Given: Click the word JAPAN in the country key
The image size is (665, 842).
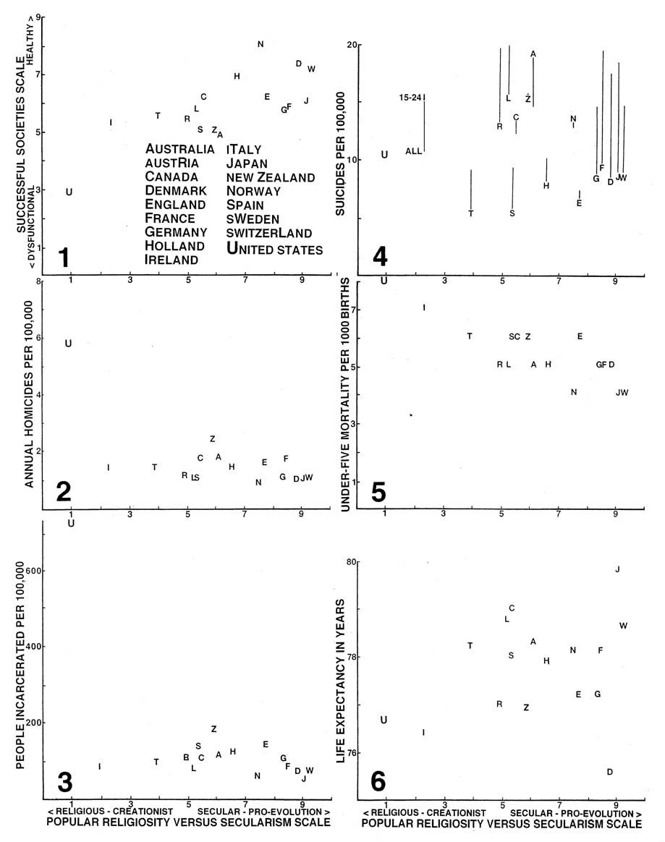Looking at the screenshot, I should (x=247, y=163).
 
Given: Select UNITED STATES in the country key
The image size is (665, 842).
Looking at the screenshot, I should (x=274, y=249).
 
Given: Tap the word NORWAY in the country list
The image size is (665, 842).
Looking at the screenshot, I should (x=253, y=191).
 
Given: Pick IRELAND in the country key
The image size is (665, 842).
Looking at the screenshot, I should (x=171, y=259).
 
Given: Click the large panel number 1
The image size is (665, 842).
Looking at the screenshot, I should (x=64, y=258).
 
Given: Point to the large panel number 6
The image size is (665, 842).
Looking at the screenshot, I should (x=378, y=781).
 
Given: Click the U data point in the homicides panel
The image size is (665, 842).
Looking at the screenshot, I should (x=68, y=344).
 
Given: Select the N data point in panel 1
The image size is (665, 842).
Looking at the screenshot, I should (x=261, y=44).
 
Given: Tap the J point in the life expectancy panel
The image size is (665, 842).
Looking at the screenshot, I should (x=617, y=569).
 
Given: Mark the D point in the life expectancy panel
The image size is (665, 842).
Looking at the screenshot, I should (x=610, y=772).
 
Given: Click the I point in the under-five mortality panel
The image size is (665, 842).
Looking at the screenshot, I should (x=424, y=308).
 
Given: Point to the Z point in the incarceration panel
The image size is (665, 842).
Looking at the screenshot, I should (x=213, y=729).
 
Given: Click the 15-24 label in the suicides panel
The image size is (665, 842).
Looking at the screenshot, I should (x=411, y=97).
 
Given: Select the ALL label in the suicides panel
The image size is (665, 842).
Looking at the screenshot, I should (x=413, y=151).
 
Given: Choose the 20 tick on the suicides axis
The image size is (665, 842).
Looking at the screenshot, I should (x=353, y=45).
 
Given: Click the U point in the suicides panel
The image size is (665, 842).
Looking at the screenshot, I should (x=384, y=154).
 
